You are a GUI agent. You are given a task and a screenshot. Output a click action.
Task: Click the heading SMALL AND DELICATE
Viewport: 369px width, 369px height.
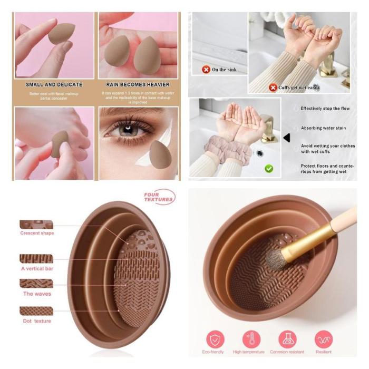pyautogui.click(x=54, y=84)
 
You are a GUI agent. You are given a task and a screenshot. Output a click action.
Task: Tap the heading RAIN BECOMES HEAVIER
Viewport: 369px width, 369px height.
pyautogui.click(x=139, y=84)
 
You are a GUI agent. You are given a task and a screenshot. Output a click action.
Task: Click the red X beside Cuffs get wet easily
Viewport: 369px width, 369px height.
pyautogui.click(x=273, y=88)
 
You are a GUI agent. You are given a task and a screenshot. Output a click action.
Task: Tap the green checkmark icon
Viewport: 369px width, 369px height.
pyautogui.click(x=269, y=169)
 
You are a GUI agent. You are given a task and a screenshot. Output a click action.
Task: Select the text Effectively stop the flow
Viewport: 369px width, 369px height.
pyautogui.click(x=325, y=109)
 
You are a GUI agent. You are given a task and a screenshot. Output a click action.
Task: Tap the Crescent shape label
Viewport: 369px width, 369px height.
pyautogui.click(x=37, y=233)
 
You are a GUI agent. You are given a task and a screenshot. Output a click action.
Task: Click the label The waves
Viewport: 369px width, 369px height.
pyautogui.click(x=36, y=294)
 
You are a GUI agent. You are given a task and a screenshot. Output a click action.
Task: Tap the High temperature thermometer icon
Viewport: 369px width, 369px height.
pyautogui.click(x=251, y=339)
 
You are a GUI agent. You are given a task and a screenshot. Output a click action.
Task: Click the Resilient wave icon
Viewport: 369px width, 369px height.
pyautogui.click(x=324, y=339)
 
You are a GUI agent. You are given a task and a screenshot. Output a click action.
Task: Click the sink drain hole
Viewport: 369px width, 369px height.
pyautogui.click(x=259, y=152)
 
